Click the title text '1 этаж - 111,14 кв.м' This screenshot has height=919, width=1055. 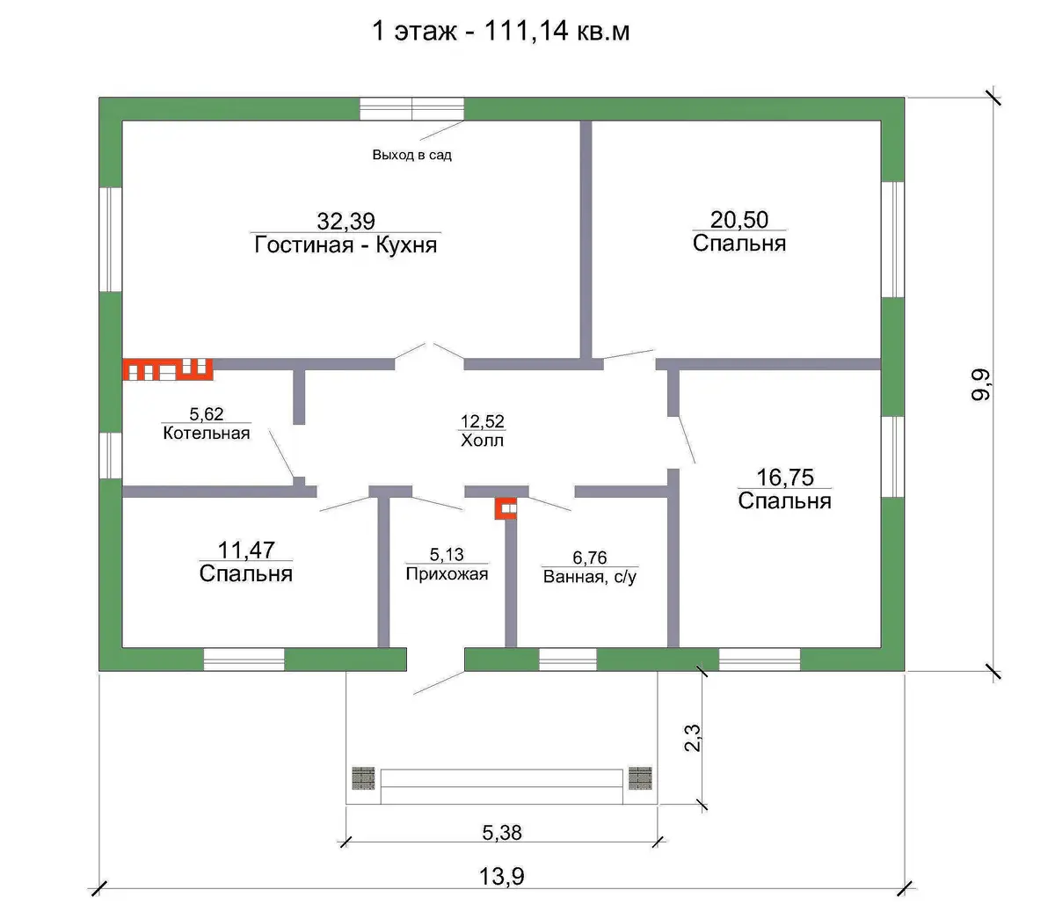click(x=500, y=32)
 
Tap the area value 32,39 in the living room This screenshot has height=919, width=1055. click(x=346, y=222)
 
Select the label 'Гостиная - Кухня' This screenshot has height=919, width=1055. click(x=346, y=244)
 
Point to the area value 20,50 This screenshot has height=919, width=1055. click(x=738, y=220)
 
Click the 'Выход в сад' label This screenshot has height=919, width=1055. click(x=412, y=155)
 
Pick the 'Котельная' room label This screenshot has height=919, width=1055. click(x=207, y=433)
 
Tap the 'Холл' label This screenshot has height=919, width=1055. click(x=482, y=440)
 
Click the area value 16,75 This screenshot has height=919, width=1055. click(x=785, y=478)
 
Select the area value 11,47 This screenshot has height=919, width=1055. click(x=246, y=550)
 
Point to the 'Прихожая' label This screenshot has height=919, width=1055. click(x=447, y=573)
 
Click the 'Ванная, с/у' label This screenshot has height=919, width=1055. click(x=589, y=577)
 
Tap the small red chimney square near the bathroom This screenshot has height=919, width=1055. click(x=506, y=508)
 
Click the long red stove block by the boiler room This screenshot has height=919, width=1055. click(x=168, y=369)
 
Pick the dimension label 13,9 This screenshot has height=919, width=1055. click(x=502, y=876)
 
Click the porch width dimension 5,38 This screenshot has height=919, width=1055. click(x=502, y=832)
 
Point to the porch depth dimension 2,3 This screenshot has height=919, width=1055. click(x=693, y=738)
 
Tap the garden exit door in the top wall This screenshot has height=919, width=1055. click(x=411, y=109)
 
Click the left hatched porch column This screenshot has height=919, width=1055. click(x=363, y=778)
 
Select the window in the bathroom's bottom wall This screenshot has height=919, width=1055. click(x=568, y=659)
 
